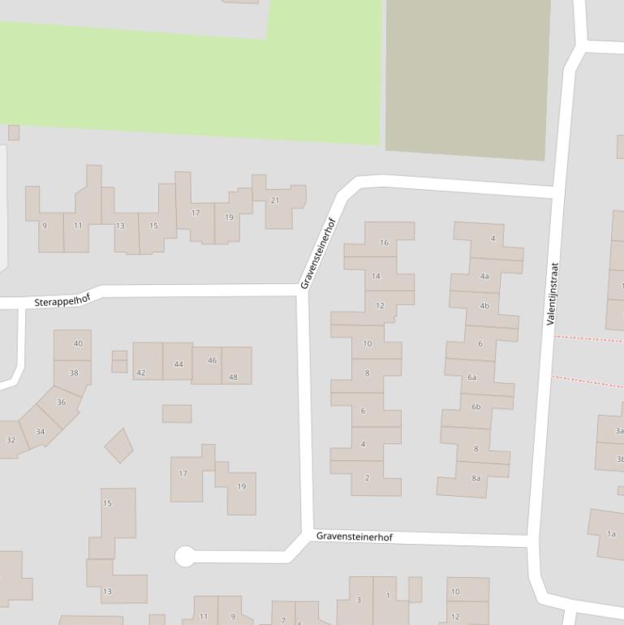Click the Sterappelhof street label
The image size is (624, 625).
click(62, 300)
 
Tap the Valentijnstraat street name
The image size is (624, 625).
click(553, 294)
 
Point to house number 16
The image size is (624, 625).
click(384, 243)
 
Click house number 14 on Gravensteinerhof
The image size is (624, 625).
click(376, 276)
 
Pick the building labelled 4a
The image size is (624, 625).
click(484, 276)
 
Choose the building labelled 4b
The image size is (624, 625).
click(484, 306)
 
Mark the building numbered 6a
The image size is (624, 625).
click(472, 377)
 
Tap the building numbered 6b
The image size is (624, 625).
click(476, 407)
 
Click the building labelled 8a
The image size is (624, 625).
click(476, 478)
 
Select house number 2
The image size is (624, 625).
click(367, 478)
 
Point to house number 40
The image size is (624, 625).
click(78, 343)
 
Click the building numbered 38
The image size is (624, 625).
click(74, 373)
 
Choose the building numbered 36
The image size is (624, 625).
click(61, 403)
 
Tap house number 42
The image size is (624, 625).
click(141, 373)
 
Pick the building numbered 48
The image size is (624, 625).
click(234, 377)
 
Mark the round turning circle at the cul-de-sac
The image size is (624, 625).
click(185, 556)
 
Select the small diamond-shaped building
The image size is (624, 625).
click(119, 446)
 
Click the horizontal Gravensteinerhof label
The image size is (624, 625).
click(355, 537)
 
